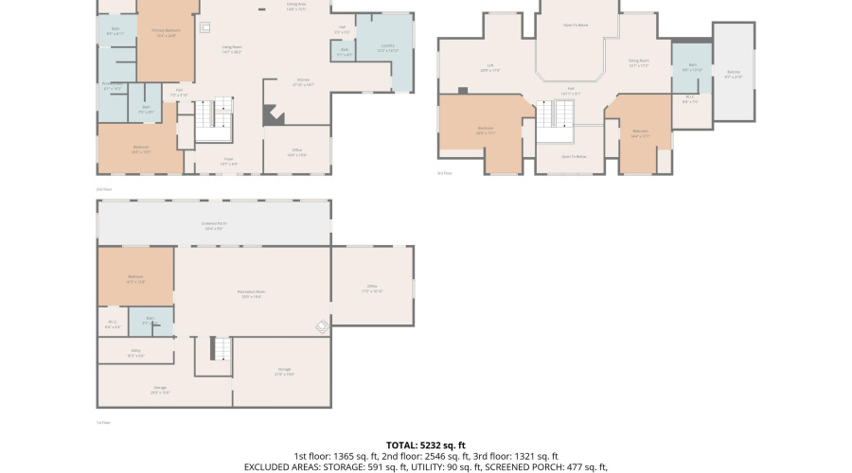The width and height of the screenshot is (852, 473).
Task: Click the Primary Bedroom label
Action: point(167,30)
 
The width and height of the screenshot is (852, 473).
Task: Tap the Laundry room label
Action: point(388,46)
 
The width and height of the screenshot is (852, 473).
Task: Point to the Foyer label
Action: point(229,162)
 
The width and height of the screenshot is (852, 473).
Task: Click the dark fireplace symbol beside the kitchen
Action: point(273,114)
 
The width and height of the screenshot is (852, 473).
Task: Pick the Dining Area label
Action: point(296,5)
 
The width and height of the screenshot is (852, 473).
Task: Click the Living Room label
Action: point(232,47)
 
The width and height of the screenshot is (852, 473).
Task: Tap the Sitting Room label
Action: point(639,62)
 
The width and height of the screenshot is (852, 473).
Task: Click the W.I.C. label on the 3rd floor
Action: point(689,98)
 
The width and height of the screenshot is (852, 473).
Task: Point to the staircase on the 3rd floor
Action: point(562,115)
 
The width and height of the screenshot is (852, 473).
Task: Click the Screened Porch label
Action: point(214,227)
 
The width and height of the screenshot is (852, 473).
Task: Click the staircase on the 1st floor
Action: point(221,349)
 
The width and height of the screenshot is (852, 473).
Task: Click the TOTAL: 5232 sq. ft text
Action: point(425,445)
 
